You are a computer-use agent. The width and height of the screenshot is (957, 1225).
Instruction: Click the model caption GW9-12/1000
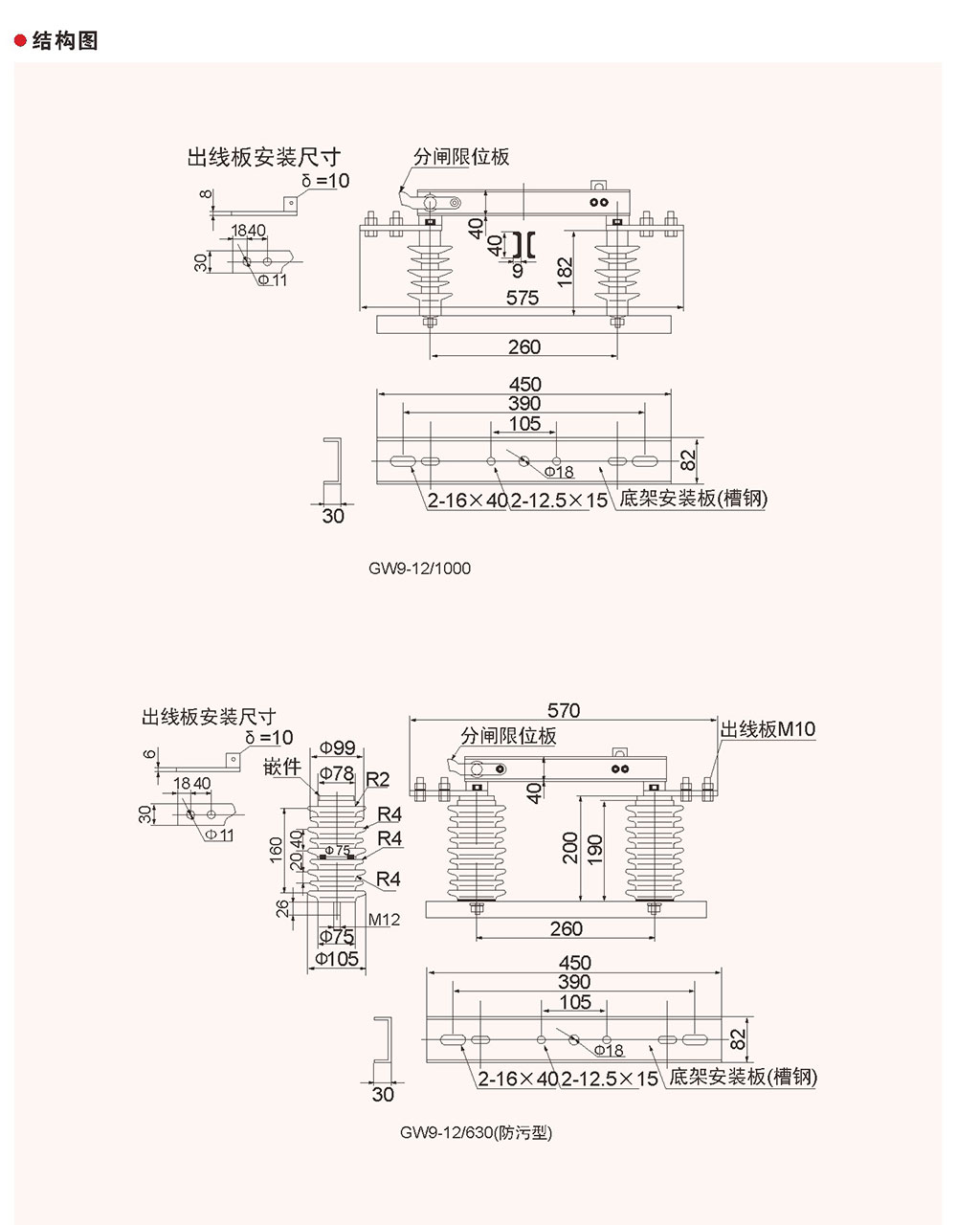coord(420,568)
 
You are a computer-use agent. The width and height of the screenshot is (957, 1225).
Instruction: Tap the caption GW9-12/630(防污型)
coord(477,1133)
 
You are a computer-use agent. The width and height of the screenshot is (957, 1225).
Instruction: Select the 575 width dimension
coord(523,298)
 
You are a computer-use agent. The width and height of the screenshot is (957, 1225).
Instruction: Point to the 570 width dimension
coord(564,710)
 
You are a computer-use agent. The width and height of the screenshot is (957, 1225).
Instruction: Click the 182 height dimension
coord(566,273)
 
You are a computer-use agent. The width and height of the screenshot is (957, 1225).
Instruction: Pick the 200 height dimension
coord(571,848)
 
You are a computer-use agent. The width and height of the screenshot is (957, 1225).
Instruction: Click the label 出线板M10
coord(768,729)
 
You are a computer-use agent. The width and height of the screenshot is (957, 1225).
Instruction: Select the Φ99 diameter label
coord(337,747)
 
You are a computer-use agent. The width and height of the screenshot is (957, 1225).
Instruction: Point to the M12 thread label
coord(383,920)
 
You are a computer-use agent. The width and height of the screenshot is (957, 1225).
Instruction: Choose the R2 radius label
coord(378,780)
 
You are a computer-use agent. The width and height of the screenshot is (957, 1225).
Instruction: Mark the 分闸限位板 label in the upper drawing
coord(461,157)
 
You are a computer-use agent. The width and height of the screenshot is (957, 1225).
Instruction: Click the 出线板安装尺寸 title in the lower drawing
coord(209,716)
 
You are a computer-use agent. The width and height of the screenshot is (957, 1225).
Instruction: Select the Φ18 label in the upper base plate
coord(559,472)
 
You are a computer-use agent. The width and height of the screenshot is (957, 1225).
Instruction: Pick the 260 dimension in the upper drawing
coord(523,346)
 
